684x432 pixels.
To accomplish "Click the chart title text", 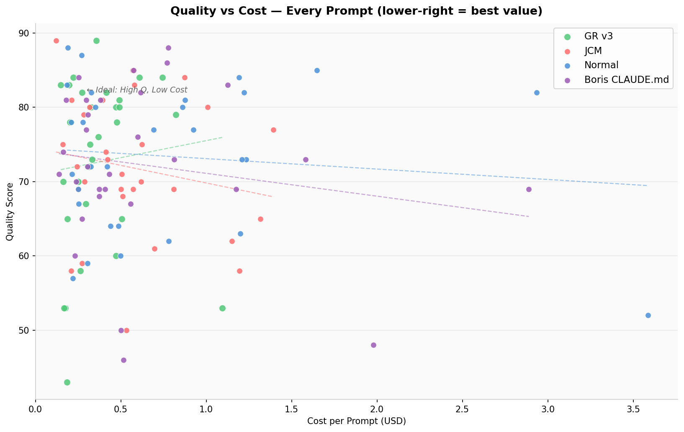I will pos(356,11).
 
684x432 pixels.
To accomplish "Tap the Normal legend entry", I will pos(601,65).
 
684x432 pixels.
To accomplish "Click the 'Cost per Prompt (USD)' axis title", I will pos(356,421).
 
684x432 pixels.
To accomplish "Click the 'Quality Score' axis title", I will pos(10,211).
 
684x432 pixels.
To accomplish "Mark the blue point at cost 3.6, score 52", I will pos(648,315).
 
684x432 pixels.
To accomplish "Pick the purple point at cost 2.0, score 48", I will pos(373,345).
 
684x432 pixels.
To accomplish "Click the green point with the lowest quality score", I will pos(67,382).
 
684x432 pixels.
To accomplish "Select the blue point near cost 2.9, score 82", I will pos(537,93).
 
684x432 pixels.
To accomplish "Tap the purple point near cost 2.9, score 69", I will pos(529,189).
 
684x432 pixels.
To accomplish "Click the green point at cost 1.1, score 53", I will pos(222,308).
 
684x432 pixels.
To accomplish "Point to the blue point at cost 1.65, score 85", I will pos(317,70).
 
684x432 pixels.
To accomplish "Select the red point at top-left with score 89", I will pos(56,41).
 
